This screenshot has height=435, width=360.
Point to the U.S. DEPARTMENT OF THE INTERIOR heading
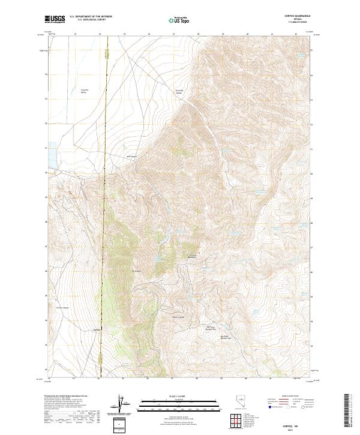91,16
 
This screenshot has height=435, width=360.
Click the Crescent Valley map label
85,91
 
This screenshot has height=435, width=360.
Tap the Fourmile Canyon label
178,92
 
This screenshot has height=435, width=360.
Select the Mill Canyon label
132,157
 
